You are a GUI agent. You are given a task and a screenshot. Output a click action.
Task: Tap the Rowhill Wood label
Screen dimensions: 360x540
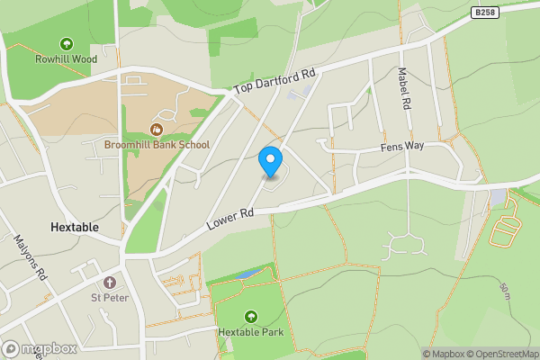66,59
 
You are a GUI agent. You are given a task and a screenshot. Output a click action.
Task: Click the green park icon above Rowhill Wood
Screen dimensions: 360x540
66,43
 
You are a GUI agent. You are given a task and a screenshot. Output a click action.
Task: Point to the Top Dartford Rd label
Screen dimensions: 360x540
275,79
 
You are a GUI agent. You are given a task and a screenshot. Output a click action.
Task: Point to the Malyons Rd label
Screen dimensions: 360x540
30,258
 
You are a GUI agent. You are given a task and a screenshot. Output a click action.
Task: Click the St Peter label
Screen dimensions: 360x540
110,297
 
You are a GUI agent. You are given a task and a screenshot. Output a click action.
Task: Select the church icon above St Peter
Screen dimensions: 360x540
110,282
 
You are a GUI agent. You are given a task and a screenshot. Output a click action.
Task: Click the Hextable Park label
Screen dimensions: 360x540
250,331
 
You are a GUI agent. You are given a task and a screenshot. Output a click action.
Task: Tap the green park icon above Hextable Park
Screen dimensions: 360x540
250,316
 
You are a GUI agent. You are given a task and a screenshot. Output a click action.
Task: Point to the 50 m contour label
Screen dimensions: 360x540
506,291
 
